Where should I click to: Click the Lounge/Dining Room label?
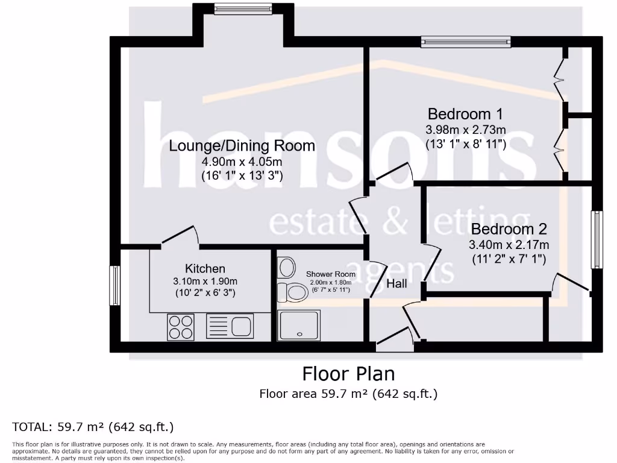point(242,146)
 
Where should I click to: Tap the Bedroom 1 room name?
point(465,114)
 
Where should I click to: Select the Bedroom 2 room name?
point(509,228)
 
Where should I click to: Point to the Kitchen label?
point(205,268)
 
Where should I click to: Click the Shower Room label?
point(331,274)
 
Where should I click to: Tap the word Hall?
point(396,283)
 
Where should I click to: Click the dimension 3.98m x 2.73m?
point(466,130)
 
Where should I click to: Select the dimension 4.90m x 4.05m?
point(242,162)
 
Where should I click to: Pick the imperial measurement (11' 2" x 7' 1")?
point(509,259)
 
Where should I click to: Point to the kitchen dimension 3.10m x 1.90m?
point(205,281)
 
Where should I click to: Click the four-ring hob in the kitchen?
point(181,327)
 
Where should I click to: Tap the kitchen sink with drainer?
point(230,326)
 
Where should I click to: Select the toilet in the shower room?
point(293,292)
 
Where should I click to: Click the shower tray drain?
point(300,334)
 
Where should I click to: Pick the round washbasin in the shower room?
point(286,268)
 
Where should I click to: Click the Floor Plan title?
point(348,374)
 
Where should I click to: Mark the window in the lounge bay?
point(243,8)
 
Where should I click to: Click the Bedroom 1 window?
point(466,42)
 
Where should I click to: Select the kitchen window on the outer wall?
point(114,285)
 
